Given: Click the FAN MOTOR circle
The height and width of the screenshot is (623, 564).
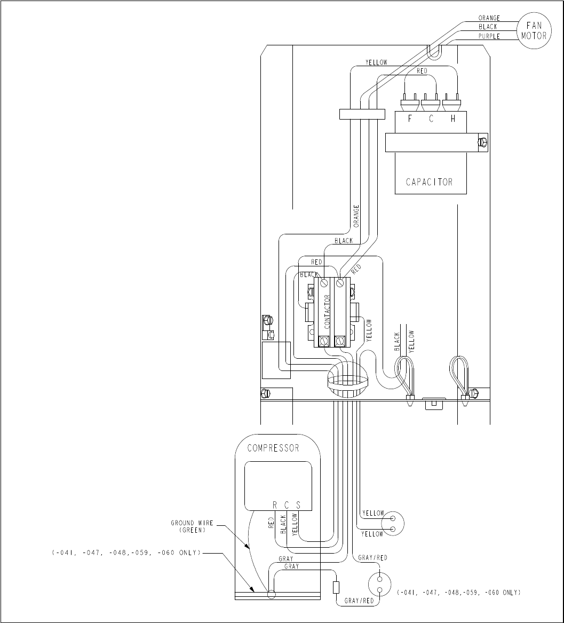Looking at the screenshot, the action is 534,31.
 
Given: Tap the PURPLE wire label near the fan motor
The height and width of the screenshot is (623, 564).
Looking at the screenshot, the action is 489,36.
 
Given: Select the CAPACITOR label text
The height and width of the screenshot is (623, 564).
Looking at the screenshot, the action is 429,182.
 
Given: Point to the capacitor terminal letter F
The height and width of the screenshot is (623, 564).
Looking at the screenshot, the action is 410,118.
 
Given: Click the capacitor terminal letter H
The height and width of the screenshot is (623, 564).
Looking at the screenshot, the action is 453,118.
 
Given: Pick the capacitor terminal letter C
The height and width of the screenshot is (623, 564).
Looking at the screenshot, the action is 431,118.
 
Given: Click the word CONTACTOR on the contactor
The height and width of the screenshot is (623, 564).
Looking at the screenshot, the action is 327,312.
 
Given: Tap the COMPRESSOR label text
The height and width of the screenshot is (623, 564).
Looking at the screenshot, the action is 273,448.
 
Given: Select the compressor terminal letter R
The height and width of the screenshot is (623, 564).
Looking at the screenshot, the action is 274,505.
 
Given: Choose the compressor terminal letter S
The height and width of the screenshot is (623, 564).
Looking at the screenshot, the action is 298,505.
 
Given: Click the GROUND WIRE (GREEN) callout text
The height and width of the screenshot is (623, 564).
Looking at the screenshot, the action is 192,526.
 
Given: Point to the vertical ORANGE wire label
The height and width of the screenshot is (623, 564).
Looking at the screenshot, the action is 356,216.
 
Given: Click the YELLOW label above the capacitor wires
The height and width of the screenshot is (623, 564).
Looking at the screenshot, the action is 376,62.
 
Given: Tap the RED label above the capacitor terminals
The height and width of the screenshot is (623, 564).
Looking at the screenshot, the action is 422,71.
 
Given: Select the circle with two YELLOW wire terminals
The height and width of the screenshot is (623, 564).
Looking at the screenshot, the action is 392,523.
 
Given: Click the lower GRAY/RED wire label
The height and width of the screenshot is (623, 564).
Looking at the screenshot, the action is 359,601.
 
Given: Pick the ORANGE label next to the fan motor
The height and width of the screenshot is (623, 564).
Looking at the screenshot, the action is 489,18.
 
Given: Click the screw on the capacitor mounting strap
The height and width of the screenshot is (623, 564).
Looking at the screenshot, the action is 483,141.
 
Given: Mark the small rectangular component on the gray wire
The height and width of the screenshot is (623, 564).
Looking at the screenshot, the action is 336,588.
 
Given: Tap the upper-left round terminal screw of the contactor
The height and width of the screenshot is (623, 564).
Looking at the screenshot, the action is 323,283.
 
